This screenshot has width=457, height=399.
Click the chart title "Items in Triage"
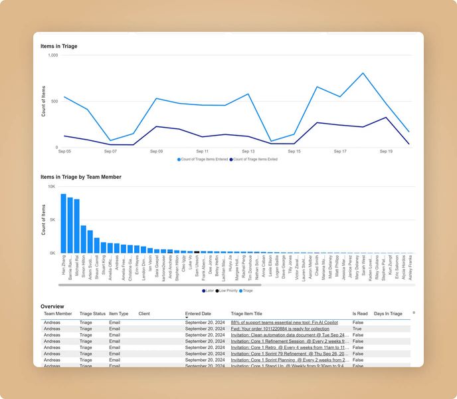tap(58, 46)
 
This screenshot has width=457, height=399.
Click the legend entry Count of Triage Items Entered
tap(202, 160)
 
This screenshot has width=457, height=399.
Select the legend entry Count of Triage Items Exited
tap(255, 160)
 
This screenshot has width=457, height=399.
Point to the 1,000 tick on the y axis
tap(52, 56)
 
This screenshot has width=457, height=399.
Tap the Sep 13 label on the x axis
tap(248, 152)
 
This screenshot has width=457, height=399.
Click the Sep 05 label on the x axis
tap(64, 152)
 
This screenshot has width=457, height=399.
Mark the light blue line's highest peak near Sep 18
tap(363, 73)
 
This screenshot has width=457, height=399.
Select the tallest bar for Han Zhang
tap(64, 223)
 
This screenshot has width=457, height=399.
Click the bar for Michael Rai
tap(77, 226)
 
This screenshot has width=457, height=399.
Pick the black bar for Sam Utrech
tap(196, 252)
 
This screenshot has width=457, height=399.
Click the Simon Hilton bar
tap(84, 239)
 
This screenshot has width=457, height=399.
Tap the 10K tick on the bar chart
tap(52, 187)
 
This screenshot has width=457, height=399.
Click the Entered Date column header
tap(198, 313)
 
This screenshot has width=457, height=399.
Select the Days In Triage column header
tap(388, 313)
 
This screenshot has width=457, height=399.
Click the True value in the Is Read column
tap(357, 329)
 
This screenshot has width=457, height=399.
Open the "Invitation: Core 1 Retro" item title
tap(289, 347)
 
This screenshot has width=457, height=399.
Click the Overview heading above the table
tap(52, 306)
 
